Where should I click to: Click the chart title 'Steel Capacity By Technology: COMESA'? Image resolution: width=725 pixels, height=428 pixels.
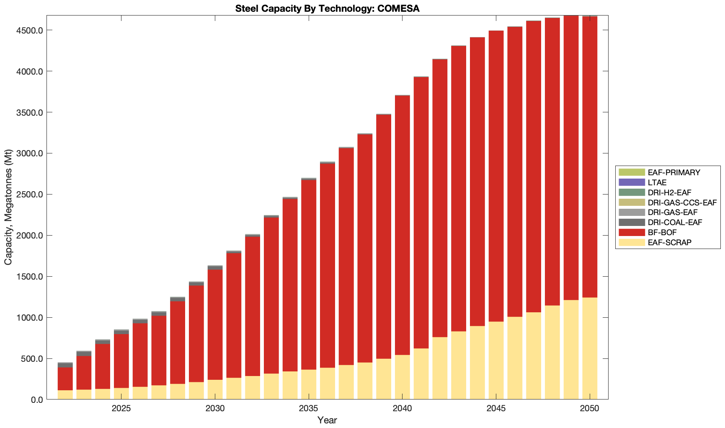(327, 8)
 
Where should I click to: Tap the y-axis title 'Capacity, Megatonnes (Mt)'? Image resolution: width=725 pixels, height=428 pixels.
(8, 207)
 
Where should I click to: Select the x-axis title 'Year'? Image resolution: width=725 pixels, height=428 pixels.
(327, 420)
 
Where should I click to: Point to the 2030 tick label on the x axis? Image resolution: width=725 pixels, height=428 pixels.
(215, 409)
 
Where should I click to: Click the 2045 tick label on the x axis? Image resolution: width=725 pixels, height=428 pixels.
(496, 409)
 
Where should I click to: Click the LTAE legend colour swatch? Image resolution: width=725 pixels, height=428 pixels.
(632, 182)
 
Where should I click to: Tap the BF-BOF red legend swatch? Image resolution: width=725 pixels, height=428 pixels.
(632, 232)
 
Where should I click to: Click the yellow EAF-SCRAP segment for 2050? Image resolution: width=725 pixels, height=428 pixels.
(590, 348)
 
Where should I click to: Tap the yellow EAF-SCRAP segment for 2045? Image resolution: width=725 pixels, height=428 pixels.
(496, 361)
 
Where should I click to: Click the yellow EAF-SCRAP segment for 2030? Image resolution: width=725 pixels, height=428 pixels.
(215, 389)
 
